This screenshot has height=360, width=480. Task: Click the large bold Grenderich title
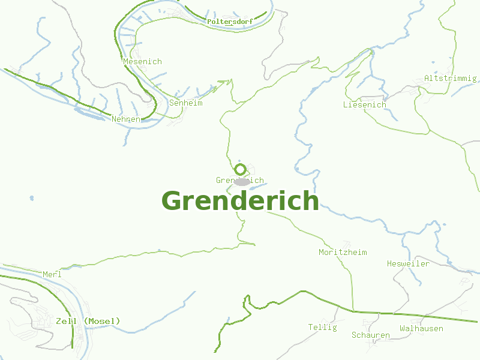click(x=240, y=201)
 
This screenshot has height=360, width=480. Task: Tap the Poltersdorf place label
click(x=230, y=22)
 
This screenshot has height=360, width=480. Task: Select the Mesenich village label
click(x=142, y=62)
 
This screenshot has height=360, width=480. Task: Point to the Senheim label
click(x=186, y=103)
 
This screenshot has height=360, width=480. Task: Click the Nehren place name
click(x=126, y=119)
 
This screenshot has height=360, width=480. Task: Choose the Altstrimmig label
click(x=450, y=79)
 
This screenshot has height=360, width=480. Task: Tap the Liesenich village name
click(x=365, y=105)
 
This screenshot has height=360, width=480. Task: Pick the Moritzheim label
click(x=343, y=253)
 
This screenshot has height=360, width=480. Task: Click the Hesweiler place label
click(x=408, y=264)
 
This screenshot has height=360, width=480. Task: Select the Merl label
click(x=52, y=275)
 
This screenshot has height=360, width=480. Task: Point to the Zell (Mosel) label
click(x=88, y=322)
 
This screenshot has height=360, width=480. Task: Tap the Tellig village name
click(x=322, y=328)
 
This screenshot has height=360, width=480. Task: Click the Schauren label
click(x=371, y=335)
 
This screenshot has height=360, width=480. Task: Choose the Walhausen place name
click(x=421, y=329)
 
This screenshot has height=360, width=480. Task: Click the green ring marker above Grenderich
click(x=240, y=169)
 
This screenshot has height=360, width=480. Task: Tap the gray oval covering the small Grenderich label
click(x=242, y=181)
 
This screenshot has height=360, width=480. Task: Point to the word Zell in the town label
click(x=67, y=322)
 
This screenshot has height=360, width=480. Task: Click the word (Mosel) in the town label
click(x=102, y=322)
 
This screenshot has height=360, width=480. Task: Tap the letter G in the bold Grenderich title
click(x=172, y=201)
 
